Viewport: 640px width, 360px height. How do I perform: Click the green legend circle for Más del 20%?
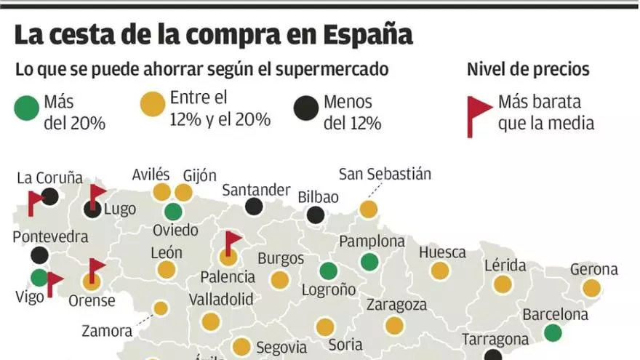tap(27, 108)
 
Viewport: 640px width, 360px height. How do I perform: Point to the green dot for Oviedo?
tap(173, 212)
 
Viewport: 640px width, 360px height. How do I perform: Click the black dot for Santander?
tap(254, 207)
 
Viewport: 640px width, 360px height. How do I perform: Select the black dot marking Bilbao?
tap(316, 215)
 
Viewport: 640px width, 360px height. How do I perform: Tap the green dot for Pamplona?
tap(370, 262)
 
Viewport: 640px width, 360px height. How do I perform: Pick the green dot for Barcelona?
tap(553, 333)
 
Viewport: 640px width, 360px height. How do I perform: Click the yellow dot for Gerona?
tap(592, 288)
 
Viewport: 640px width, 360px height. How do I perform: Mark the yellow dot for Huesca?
tap(439, 271)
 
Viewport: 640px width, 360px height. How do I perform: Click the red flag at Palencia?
tap(232, 241)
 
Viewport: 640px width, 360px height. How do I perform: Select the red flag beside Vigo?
tap(54, 282)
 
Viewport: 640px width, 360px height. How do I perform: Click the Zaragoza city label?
tap(397, 305)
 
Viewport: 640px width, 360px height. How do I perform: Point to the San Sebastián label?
tap(385, 175)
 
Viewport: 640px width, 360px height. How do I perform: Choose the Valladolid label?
tap(221, 299)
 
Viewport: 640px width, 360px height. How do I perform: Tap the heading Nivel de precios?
tap(528, 70)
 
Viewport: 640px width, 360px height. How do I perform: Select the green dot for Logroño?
tap(329, 271)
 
